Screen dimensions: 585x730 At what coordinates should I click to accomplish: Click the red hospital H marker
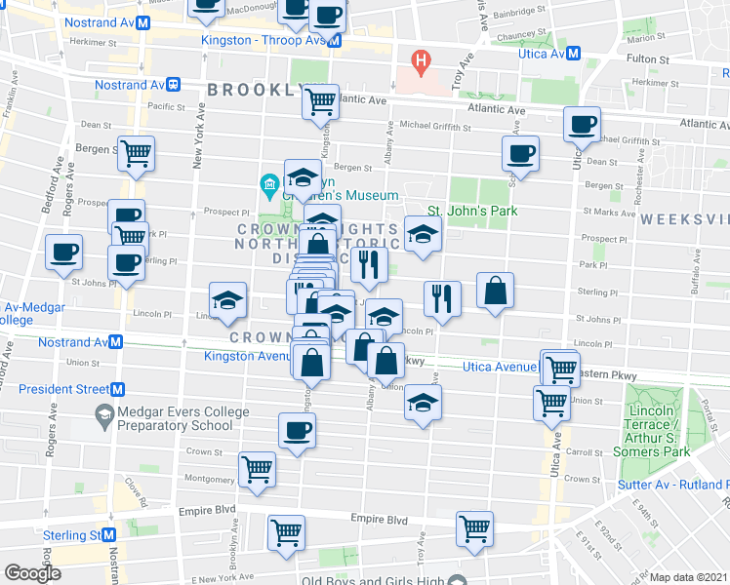[x=421, y=64]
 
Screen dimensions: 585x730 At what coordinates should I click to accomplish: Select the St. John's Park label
[x=471, y=211]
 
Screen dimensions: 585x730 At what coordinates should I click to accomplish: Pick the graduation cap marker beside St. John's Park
[x=422, y=234]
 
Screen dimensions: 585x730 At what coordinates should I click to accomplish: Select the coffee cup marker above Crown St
[x=297, y=429]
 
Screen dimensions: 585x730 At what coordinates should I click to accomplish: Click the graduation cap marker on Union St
[x=423, y=403]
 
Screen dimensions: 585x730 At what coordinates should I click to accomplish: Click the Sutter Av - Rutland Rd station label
[x=672, y=484]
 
